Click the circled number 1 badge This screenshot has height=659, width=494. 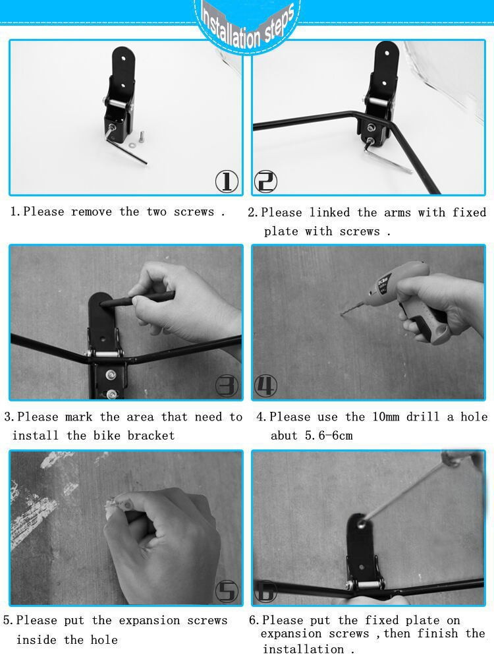227,182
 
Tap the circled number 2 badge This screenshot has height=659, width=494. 266,182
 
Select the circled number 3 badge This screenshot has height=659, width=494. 227,386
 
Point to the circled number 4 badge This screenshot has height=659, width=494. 266,386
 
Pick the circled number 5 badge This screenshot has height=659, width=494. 227,591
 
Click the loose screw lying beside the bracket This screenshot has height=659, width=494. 141,136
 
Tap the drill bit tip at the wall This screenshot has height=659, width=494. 341,314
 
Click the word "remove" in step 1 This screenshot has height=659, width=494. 92,212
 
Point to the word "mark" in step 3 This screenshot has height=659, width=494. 78,417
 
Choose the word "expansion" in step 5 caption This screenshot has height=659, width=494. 150,620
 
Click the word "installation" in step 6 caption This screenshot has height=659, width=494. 304,649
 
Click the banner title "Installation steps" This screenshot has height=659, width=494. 248,25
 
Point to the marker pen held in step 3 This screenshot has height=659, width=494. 138,299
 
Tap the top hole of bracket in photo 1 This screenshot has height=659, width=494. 124,59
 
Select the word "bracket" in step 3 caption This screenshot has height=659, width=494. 151,436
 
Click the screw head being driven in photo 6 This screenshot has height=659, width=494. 361,524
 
